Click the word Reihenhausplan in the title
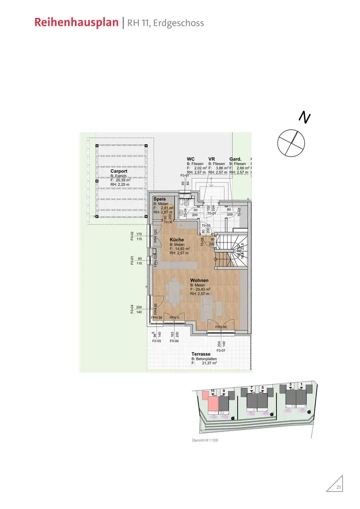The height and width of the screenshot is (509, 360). (77, 23)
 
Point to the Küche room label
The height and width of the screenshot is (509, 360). (177, 240)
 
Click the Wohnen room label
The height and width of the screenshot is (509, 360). (199, 280)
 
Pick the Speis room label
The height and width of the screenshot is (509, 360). (159, 199)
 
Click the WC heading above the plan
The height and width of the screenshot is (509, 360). (190, 159)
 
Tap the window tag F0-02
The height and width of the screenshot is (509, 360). (132, 236)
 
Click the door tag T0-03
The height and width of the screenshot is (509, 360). (206, 225)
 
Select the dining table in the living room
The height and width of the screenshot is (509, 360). (174, 292)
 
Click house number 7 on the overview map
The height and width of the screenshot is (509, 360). (252, 387)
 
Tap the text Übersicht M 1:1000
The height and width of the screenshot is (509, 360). (205, 440)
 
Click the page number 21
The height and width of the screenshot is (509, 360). (339, 487)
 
